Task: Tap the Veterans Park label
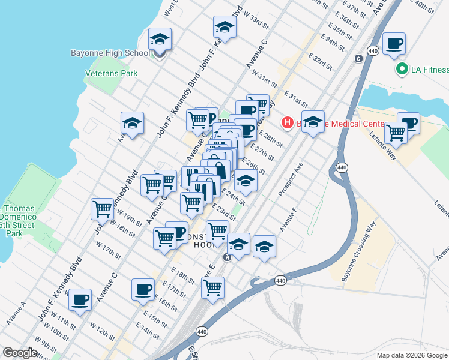(x=112, y=74)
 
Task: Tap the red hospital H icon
(x=288, y=123)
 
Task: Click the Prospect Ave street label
(x=291, y=179)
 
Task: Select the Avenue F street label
(x=288, y=220)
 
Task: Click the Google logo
(x=20, y=353)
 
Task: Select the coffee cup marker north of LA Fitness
(x=394, y=44)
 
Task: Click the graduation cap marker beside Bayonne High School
(x=160, y=40)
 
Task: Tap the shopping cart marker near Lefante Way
(x=396, y=133)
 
